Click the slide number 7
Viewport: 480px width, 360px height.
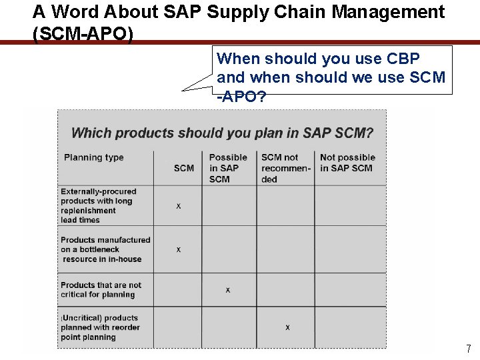pyautogui.click(x=469, y=349)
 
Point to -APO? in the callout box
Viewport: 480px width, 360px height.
pyautogui.click(x=241, y=97)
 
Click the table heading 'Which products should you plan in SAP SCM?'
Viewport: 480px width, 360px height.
pyautogui.click(x=222, y=133)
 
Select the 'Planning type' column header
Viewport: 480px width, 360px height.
pyautogui.click(x=94, y=158)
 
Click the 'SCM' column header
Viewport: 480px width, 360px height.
pyautogui.click(x=184, y=168)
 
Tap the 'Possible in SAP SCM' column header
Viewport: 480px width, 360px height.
pyautogui.click(x=228, y=168)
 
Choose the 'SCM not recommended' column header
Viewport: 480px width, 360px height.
pyautogui.click(x=286, y=168)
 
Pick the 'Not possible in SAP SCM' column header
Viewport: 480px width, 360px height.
pyautogui.click(x=348, y=163)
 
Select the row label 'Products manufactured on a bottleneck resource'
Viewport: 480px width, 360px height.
pyautogui.click(x=105, y=249)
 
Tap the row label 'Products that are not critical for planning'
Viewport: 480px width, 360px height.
pyautogui.click(x=101, y=290)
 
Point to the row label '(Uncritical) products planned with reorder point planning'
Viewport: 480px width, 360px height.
pyautogui.click(x=100, y=327)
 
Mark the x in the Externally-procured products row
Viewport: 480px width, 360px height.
pyautogui.click(x=178, y=207)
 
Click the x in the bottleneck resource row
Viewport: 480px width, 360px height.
pyautogui.click(x=178, y=250)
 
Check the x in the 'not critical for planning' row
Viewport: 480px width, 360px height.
pyautogui.click(x=228, y=290)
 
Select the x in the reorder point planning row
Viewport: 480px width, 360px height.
pyautogui.click(x=287, y=327)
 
